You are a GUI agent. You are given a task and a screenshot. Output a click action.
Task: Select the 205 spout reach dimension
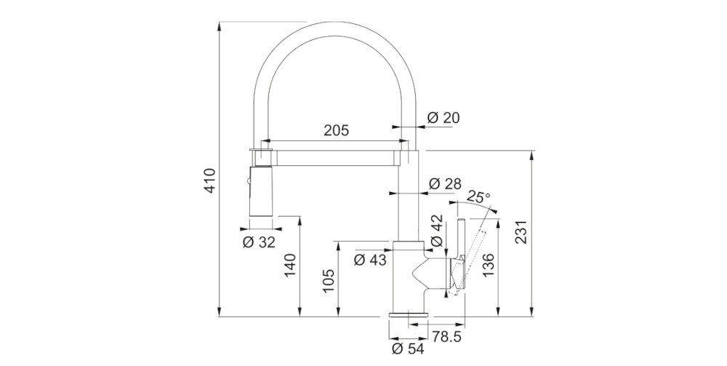(x=336, y=131)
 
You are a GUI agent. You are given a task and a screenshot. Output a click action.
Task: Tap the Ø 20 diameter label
(x=443, y=118)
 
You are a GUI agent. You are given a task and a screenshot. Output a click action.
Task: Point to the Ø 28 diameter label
(x=445, y=184)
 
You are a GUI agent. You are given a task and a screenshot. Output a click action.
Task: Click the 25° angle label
(x=478, y=196)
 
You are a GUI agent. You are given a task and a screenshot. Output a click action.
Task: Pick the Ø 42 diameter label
(x=437, y=231)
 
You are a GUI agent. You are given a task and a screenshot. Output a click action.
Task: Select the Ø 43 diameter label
(x=370, y=260)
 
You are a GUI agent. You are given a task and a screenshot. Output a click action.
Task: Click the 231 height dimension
(x=521, y=232)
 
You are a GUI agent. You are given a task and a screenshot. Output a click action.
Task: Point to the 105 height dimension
(x=329, y=281)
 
